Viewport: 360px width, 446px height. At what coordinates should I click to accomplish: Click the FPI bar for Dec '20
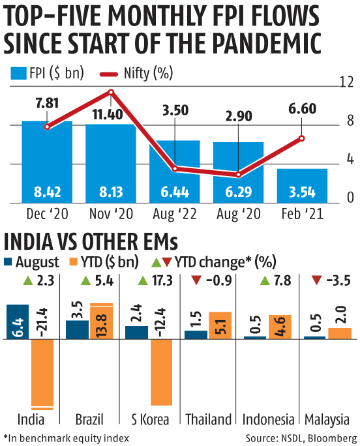47,163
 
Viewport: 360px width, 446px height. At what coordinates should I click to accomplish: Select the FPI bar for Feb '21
302,186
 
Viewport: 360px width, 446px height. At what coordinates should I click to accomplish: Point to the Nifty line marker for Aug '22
175,169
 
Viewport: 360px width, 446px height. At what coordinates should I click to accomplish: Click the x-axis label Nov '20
110,213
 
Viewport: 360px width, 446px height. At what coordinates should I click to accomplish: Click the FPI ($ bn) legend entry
48,72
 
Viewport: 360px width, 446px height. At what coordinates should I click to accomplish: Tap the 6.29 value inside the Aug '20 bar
238,193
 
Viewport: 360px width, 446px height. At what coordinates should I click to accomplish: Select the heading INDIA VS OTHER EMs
91,243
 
